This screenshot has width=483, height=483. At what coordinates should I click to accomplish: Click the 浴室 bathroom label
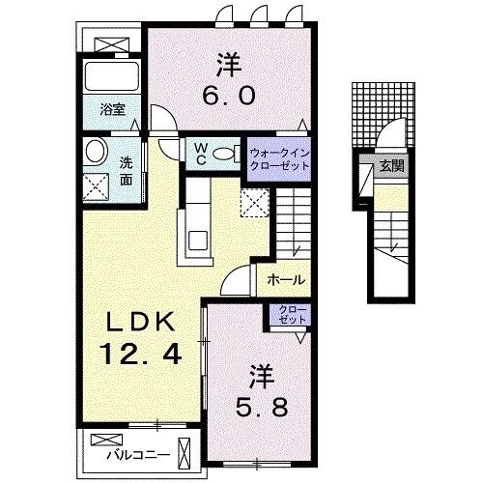tap(113, 109)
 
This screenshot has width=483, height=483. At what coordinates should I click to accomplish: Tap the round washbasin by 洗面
tap(96, 153)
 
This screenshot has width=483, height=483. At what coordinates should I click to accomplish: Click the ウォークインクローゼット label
tap(279, 159)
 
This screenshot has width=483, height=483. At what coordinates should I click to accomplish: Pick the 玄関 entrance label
tap(392, 166)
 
